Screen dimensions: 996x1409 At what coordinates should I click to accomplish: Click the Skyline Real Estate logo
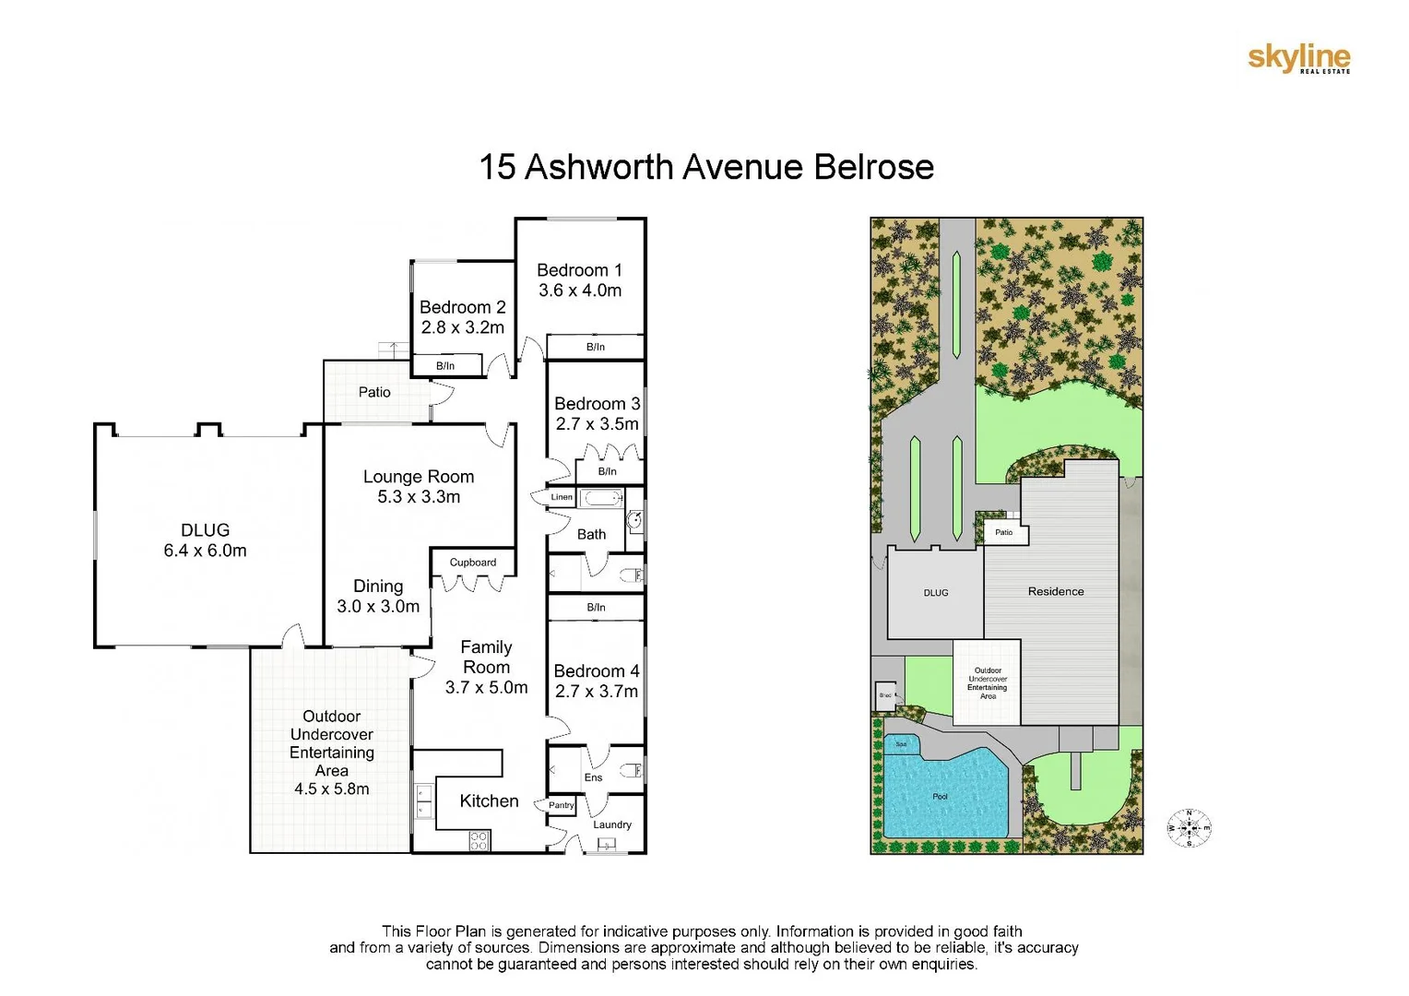[1298, 59]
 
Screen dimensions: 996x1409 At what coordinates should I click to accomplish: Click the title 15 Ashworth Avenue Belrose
[705, 168]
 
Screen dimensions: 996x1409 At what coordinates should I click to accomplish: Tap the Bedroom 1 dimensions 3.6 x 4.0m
[580, 290]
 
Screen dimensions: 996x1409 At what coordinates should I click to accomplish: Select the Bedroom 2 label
[462, 307]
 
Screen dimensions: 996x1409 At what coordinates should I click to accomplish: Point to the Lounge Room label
[419, 477]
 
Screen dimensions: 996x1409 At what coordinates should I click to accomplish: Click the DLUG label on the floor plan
[205, 530]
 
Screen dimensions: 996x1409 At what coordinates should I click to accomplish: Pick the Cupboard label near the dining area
[472, 563]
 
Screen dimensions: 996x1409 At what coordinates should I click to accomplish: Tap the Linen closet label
[562, 497]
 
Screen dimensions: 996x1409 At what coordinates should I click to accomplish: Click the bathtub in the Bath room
[604, 499]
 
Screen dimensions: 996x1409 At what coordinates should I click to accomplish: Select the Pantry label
[561, 805]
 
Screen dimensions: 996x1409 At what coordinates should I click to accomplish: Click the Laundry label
[612, 824]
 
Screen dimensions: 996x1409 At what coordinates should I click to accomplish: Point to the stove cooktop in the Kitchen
[479, 840]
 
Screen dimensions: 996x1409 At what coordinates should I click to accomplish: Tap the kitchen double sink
[424, 800]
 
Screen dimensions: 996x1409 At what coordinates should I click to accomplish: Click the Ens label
[593, 777]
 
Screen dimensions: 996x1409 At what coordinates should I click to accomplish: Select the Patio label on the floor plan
[374, 392]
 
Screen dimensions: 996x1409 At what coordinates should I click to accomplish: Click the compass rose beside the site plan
[1189, 827]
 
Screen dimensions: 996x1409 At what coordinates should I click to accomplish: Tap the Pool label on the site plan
[940, 797]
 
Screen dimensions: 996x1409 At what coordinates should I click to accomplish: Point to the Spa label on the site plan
[901, 744]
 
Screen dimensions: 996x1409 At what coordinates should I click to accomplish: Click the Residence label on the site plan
[1056, 591]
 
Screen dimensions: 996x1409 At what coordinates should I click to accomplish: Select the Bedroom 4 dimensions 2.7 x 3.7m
[596, 692]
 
